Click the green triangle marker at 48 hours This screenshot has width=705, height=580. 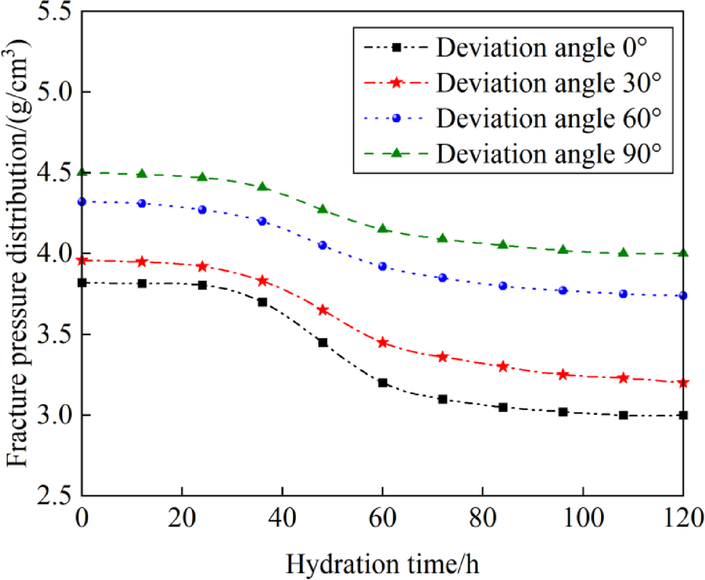coord(322,209)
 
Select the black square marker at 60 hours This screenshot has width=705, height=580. coord(383,383)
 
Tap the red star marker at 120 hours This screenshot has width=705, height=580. coord(683,383)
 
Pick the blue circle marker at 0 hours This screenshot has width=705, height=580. coord(82,202)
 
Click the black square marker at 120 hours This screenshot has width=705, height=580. coord(683,415)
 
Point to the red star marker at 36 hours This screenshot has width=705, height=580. coord(263,281)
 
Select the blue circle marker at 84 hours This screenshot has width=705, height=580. coord(503,286)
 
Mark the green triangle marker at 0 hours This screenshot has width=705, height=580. coord(82,172)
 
